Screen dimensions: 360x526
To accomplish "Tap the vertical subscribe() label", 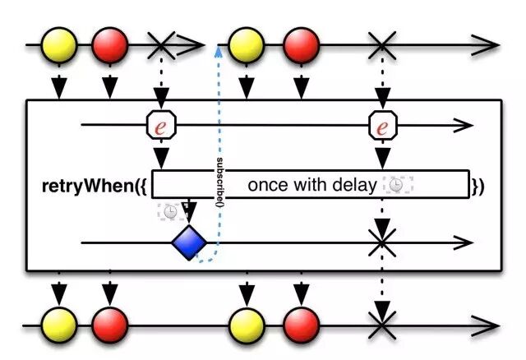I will click(x=220, y=180).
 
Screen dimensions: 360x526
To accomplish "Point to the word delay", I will click(x=357, y=185).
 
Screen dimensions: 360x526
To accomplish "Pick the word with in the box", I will click(x=311, y=185).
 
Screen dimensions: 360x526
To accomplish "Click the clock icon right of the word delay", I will click(x=397, y=185).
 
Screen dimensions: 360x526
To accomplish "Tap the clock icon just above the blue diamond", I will click(x=169, y=211).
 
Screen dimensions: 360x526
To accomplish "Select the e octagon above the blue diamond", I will click(x=162, y=126).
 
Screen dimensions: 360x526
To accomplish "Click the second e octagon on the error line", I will click(x=381, y=126).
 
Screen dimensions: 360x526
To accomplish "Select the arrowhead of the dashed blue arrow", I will click(x=219, y=49).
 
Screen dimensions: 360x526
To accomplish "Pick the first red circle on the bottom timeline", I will click(x=109, y=325).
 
